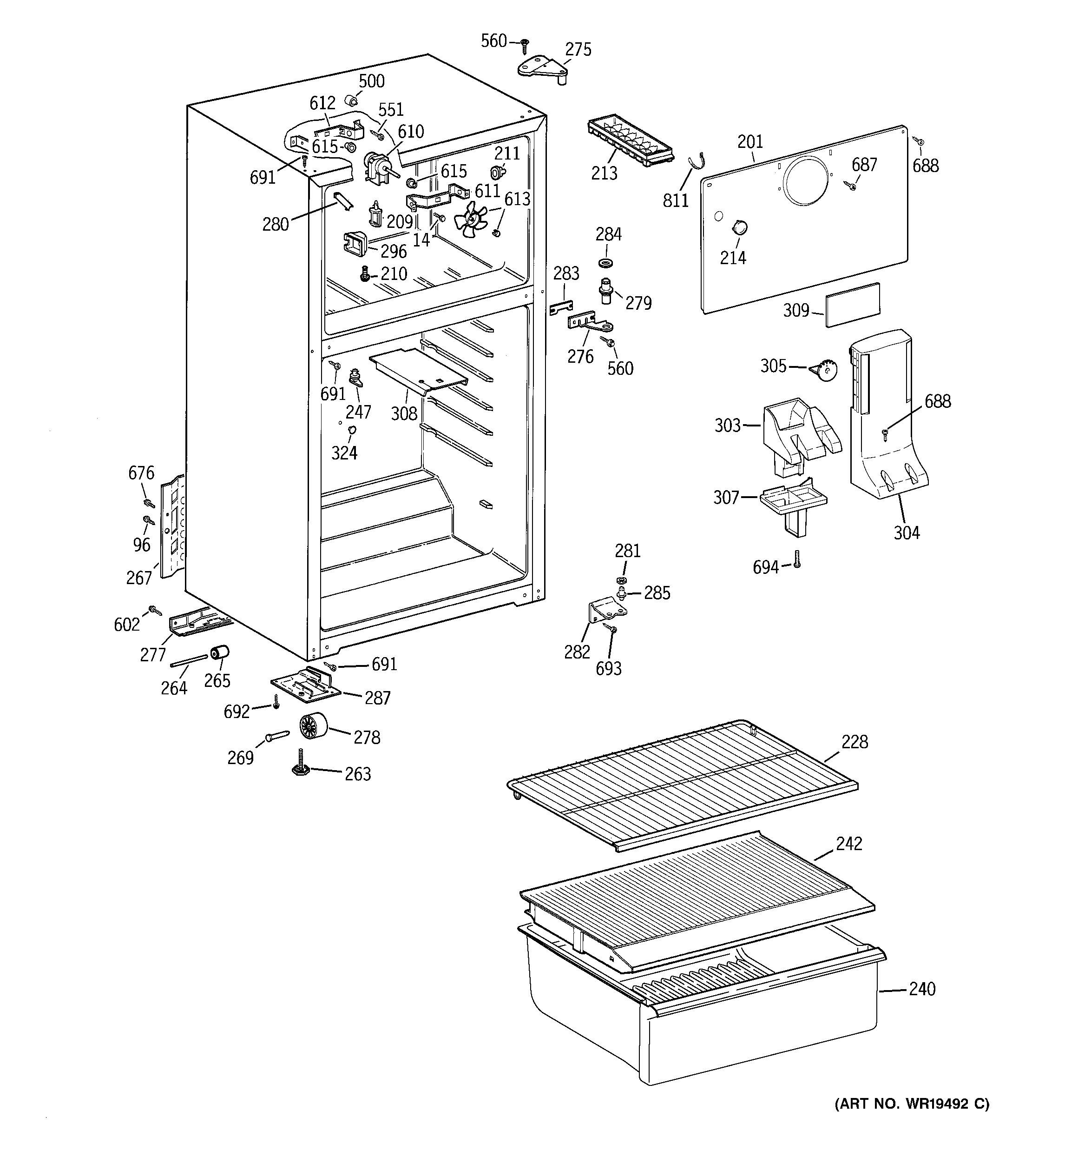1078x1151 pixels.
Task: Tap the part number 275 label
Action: [x=578, y=50]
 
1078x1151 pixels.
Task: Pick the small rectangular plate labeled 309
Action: [x=852, y=305]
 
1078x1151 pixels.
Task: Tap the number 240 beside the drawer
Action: [x=921, y=988]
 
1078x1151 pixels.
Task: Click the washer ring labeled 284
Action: [x=606, y=263]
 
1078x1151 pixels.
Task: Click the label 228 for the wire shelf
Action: [x=855, y=742]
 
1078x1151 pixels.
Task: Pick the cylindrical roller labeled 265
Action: [x=219, y=652]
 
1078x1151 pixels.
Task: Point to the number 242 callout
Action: [x=848, y=844]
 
